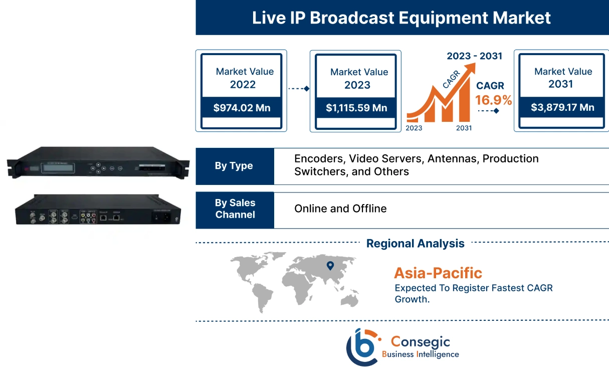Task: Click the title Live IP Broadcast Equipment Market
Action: pyautogui.click(x=401, y=18)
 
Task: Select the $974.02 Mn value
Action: pyautogui.click(x=242, y=108)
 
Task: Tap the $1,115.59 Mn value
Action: pyautogui.click(x=356, y=108)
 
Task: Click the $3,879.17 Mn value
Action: pyautogui.click(x=562, y=107)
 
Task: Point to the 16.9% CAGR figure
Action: pyautogui.click(x=494, y=100)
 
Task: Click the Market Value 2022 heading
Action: pyautogui.click(x=244, y=78)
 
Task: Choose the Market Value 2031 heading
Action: pyautogui.click(x=562, y=78)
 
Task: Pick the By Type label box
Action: pyautogui.click(x=234, y=166)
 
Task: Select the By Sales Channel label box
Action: pyautogui.click(x=235, y=209)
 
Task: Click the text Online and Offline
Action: pyautogui.click(x=340, y=209)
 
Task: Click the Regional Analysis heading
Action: pyautogui.click(x=415, y=244)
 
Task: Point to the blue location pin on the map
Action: pyautogui.click(x=330, y=266)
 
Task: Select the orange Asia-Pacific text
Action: pyautogui.click(x=438, y=273)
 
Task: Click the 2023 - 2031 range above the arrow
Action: pyautogui.click(x=474, y=56)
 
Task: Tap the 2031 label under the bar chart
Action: pyautogui.click(x=464, y=128)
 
